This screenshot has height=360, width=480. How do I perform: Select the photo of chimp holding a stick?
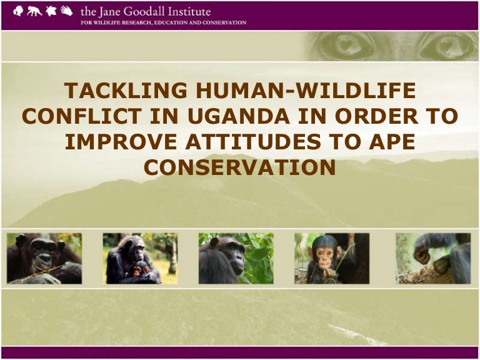tap(44, 258)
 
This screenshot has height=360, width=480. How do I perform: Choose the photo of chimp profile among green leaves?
tap(236, 258)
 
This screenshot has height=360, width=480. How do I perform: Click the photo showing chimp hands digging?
tap(432, 258)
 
